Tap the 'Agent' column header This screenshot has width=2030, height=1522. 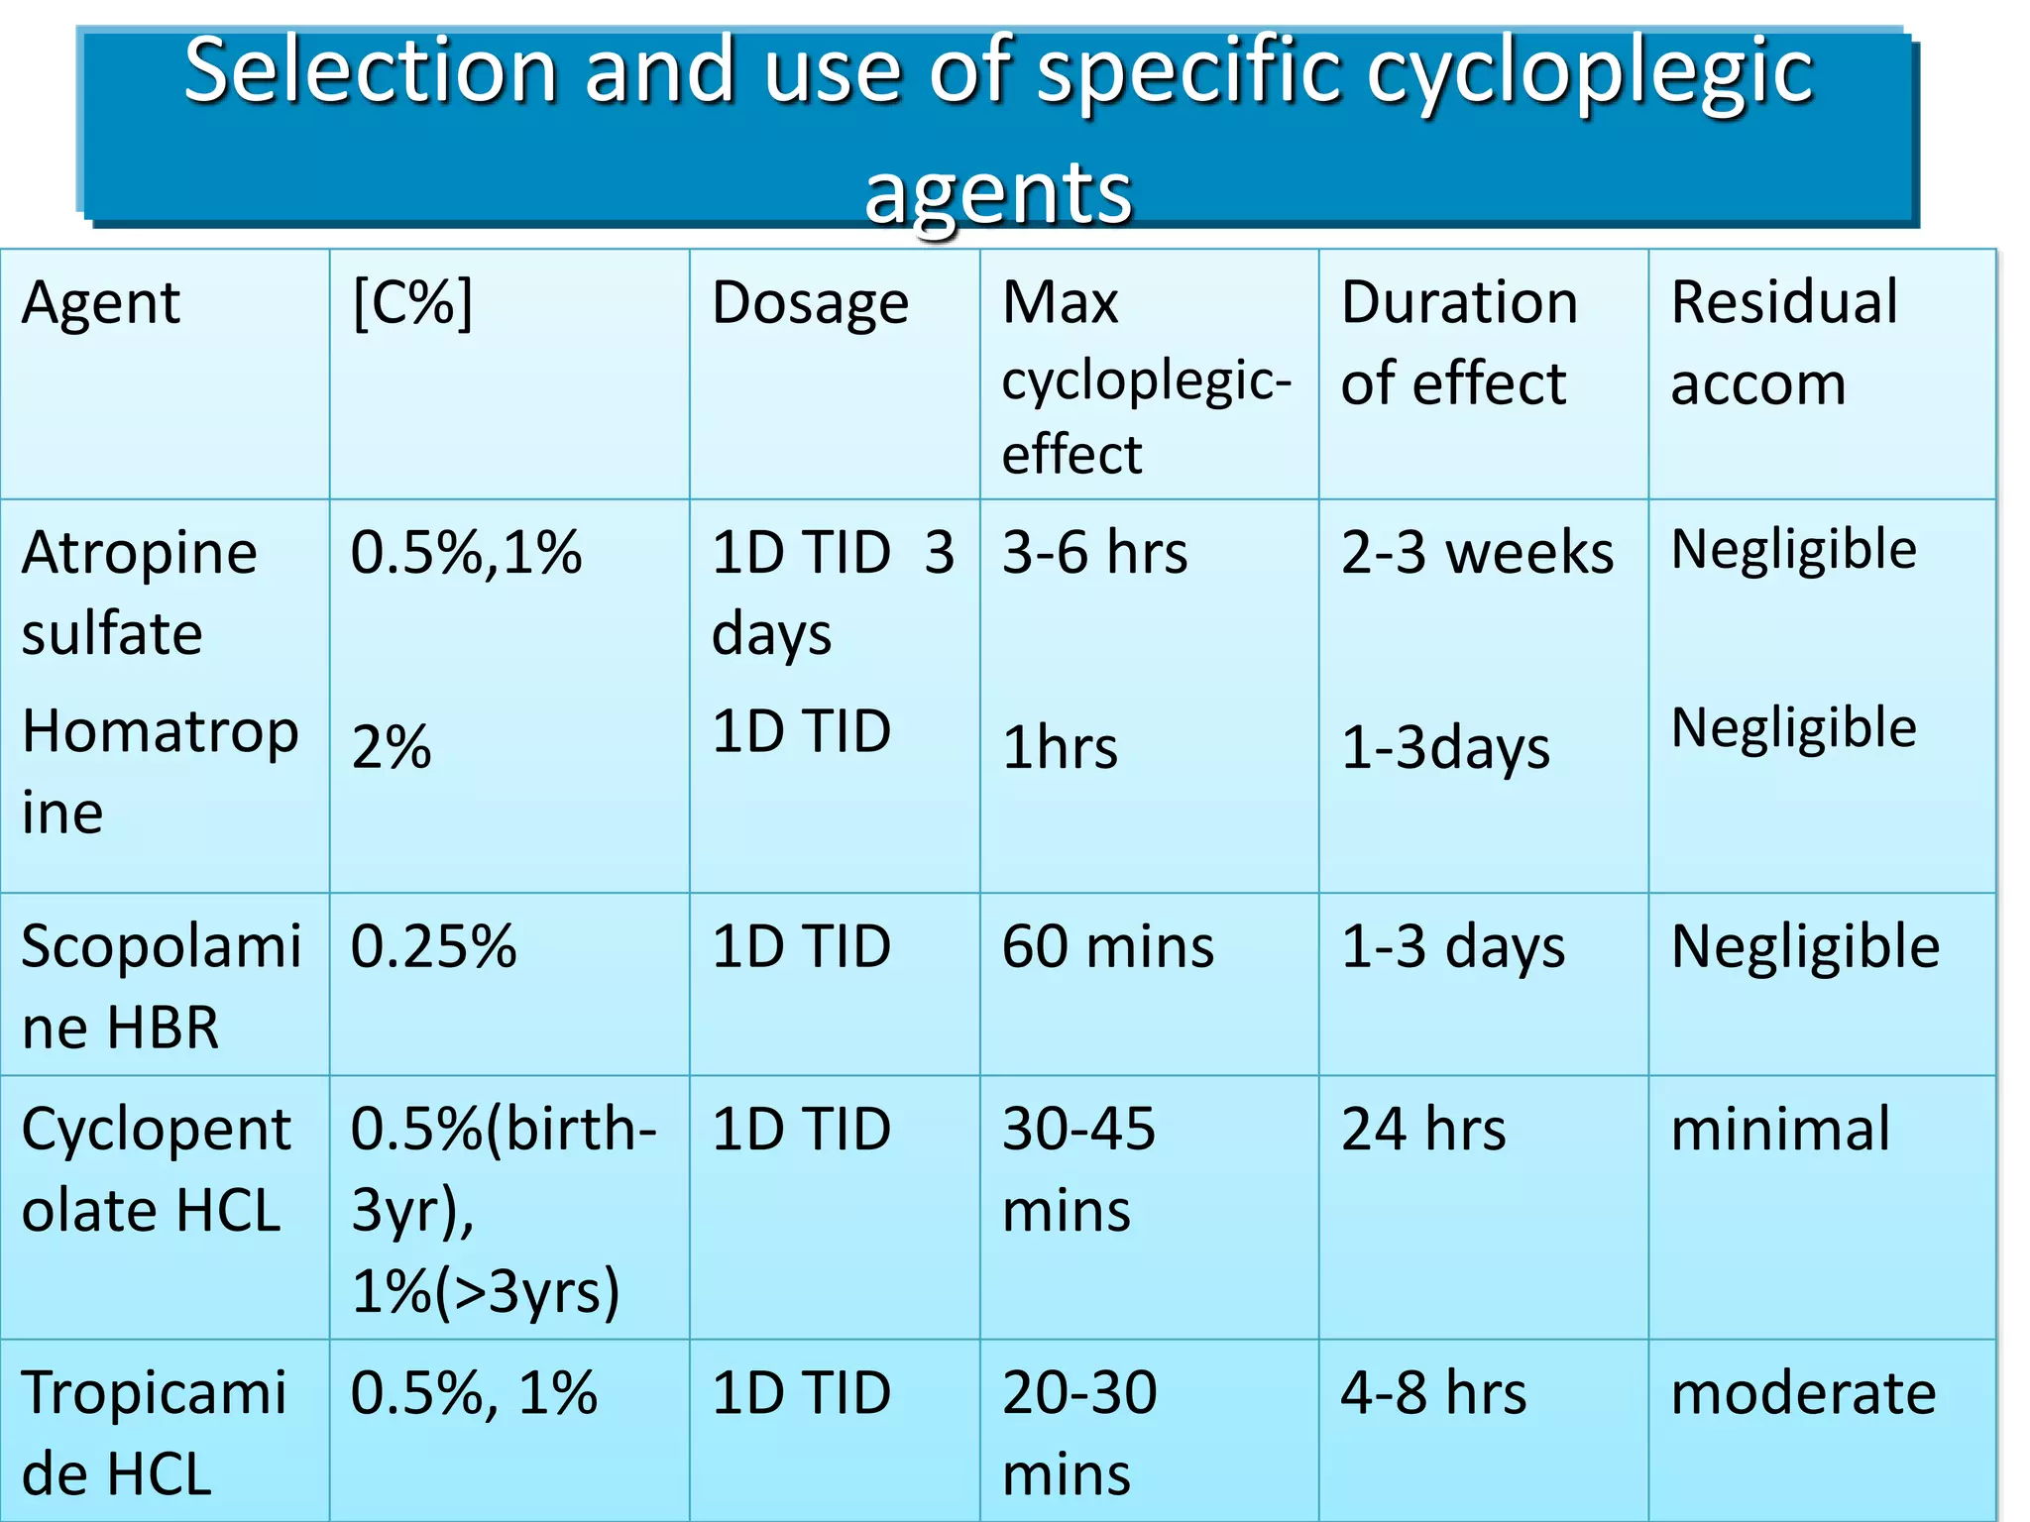[x=100, y=303]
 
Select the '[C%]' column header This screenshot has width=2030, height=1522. [x=412, y=302]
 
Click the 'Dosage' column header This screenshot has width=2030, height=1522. [x=810, y=303]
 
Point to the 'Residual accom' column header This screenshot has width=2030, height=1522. [x=1783, y=342]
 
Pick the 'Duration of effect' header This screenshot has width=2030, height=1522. [x=1459, y=342]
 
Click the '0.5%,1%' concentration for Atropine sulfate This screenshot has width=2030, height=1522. [x=466, y=553]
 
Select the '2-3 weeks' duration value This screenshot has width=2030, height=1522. [x=1477, y=553]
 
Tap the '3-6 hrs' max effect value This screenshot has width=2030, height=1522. [x=1094, y=553]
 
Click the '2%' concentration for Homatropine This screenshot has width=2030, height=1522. [x=392, y=748]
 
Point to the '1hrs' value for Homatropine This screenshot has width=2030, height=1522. [x=1060, y=748]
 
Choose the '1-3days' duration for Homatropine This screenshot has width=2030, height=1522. [x=1445, y=748]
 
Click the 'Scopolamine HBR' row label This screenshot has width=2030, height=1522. [x=161, y=986]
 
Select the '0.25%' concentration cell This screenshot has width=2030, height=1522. [x=433, y=946]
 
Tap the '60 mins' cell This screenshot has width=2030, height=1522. [x=1107, y=946]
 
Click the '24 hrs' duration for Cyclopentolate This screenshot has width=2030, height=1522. [x=1423, y=1130]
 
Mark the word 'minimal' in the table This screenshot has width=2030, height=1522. [x=1780, y=1130]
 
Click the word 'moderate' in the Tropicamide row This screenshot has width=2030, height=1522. [x=1803, y=1393]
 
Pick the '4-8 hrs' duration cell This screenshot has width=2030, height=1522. [x=1433, y=1393]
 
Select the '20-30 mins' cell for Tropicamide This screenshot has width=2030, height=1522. [x=1078, y=1432]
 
